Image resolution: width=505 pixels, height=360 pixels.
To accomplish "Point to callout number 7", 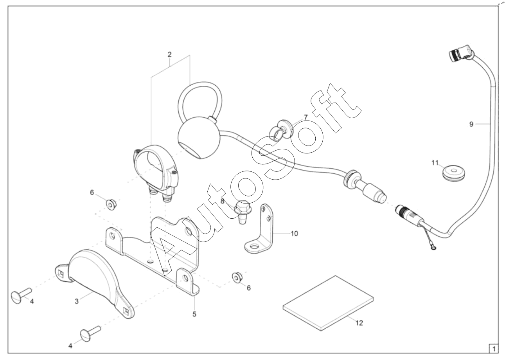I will (x=306, y=117).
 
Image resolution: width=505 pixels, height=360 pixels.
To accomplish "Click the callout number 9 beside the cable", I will (x=471, y=124).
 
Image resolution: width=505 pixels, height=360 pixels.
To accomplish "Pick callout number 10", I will (x=294, y=233).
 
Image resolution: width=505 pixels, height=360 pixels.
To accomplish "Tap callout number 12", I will (x=359, y=323).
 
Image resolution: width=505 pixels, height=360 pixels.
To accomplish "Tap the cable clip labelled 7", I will (x=281, y=130).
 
